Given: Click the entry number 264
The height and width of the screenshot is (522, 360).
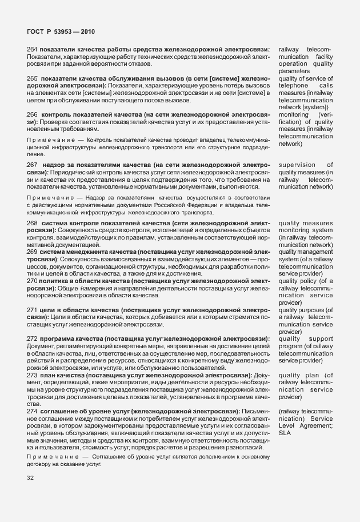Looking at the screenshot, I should pos(33,50).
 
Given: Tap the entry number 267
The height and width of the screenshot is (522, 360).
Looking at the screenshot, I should pos(33,165).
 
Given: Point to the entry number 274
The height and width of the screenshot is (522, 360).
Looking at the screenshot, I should pos(33,411).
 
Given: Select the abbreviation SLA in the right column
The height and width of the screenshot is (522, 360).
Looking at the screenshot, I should pos(285,433).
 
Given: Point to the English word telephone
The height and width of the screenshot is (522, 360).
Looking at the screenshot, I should pos(293,86).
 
